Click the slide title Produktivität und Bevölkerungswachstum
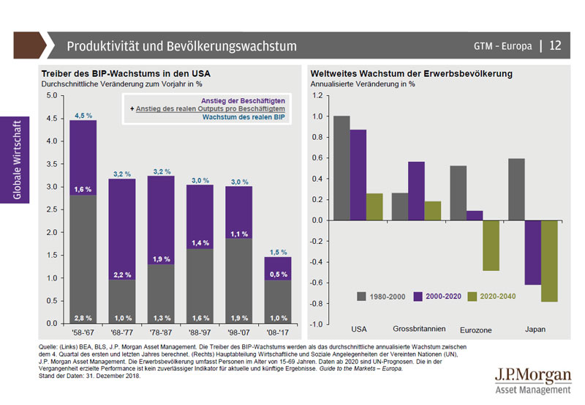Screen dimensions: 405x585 (x=181, y=46)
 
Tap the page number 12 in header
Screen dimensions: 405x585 (x=555, y=46)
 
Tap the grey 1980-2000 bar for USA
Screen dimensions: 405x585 (x=341, y=168)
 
